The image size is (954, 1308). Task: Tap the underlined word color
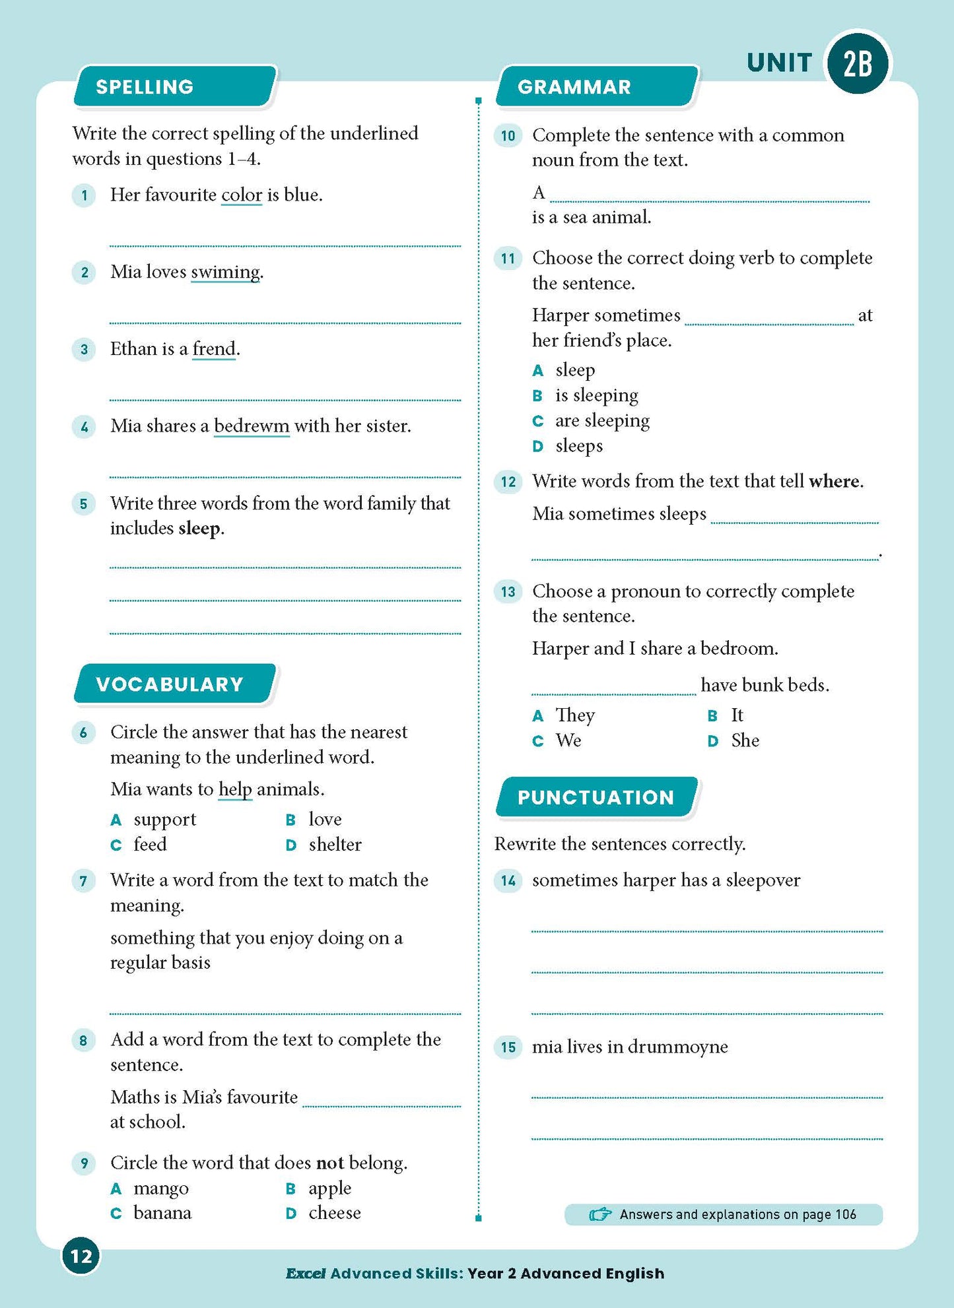[242, 195]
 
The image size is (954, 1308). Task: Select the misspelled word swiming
[225, 273]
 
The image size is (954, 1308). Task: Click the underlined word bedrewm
[252, 426]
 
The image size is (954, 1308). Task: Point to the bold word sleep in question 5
[199, 529]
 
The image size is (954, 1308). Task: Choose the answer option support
[164, 820]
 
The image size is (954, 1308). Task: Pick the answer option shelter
[335, 845]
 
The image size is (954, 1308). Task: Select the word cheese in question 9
[334, 1213]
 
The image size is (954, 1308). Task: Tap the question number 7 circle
[83, 881]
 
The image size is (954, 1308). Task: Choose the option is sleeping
[597, 395]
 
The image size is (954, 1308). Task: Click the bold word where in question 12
[835, 481]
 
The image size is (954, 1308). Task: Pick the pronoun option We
[568, 740]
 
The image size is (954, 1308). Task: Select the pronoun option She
[745, 740]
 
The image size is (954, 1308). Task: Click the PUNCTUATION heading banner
[596, 797]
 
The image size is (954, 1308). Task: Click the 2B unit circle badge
[858, 63]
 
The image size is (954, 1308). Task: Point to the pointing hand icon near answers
[599, 1214]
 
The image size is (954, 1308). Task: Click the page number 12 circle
[81, 1256]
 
